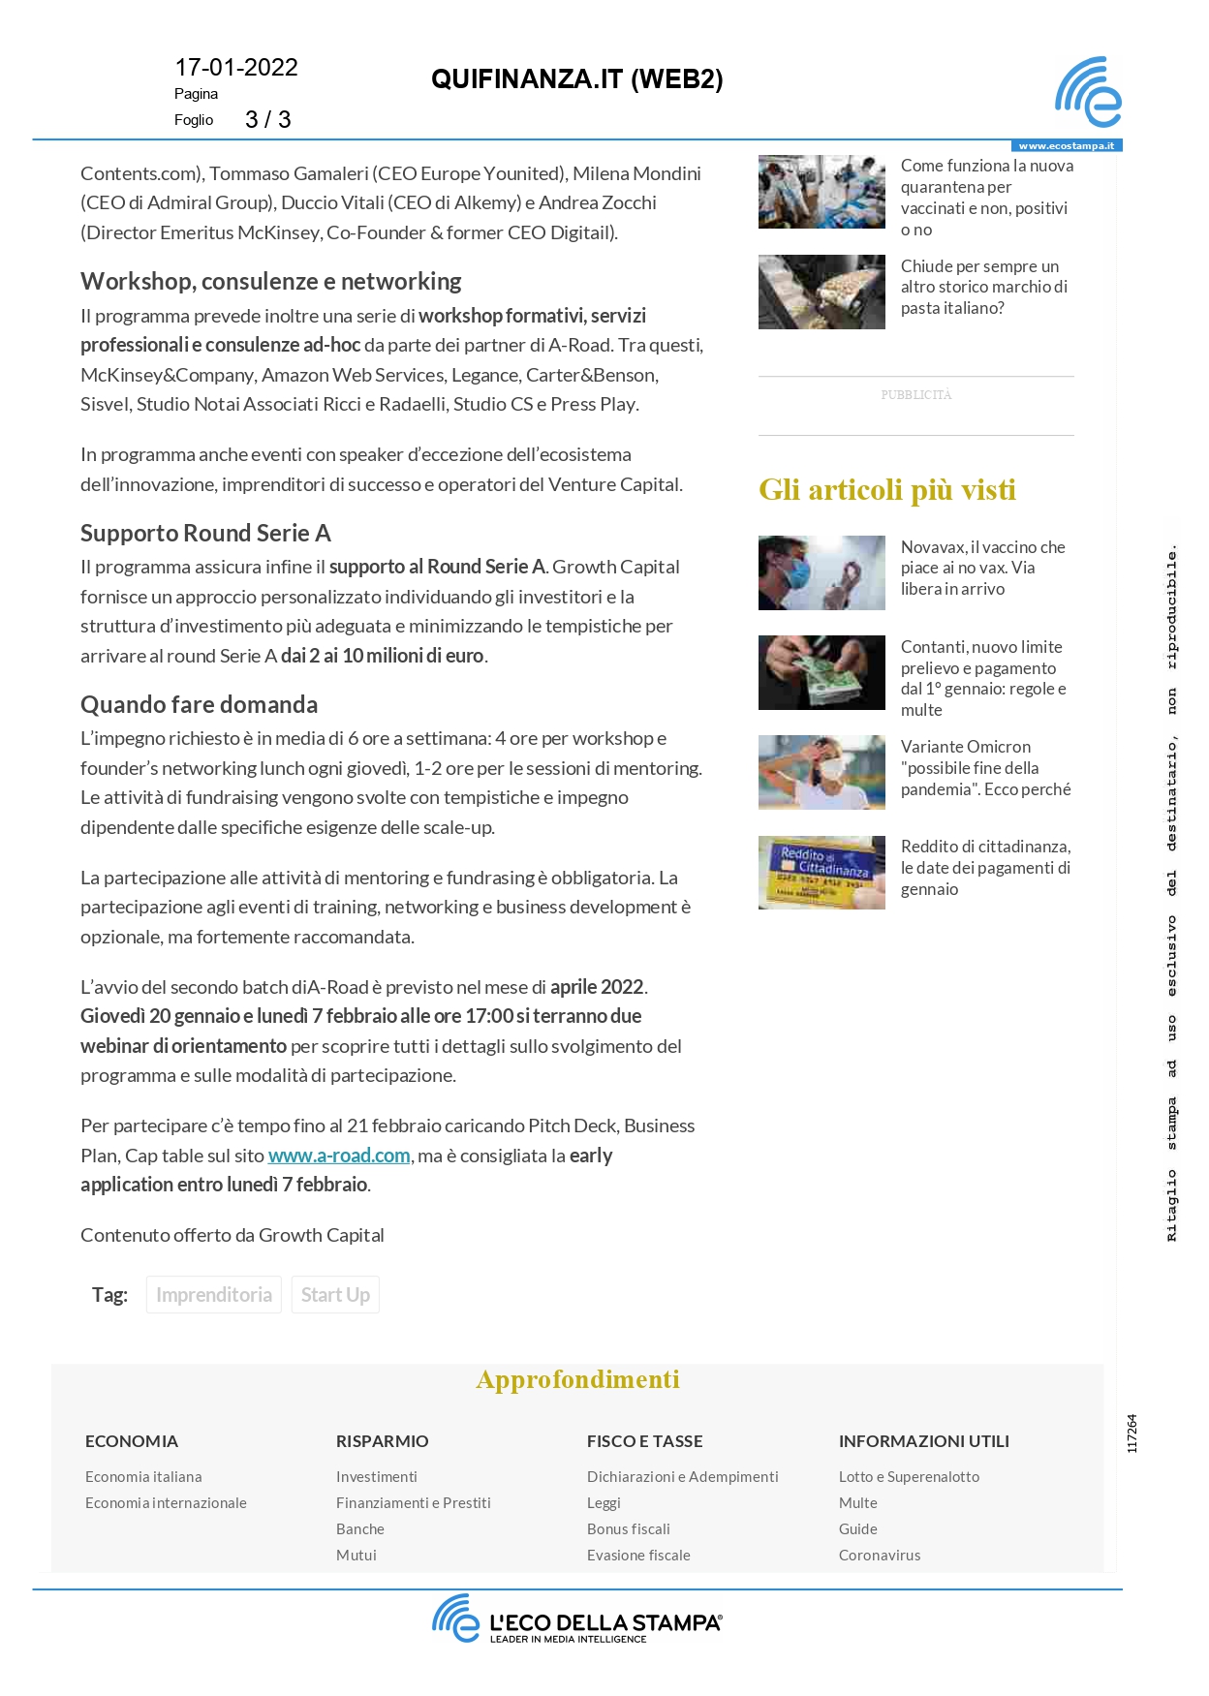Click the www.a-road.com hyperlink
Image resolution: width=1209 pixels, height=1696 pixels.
click(x=339, y=1156)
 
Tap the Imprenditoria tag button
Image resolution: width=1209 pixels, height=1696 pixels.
click(x=214, y=1295)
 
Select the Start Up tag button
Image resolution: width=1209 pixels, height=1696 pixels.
click(x=335, y=1295)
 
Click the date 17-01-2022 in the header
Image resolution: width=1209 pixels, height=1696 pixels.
click(x=236, y=68)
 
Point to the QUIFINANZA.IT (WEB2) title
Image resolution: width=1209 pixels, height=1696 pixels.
click(x=577, y=79)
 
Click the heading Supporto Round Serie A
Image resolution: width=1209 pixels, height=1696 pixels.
click(x=205, y=533)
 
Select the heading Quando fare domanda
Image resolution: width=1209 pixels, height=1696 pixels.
click(x=199, y=704)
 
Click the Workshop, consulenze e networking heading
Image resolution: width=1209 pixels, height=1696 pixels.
click(x=270, y=281)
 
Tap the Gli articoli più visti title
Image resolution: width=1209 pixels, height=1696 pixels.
click(x=886, y=490)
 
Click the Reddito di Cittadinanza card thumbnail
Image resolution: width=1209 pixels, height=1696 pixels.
click(x=821, y=873)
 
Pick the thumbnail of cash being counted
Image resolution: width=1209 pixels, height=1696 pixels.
click(x=821, y=672)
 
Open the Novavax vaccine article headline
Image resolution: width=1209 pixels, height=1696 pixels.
click(x=982, y=568)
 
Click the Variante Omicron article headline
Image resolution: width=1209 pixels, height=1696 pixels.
click(x=985, y=768)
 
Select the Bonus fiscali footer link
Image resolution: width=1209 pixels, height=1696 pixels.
click(x=628, y=1528)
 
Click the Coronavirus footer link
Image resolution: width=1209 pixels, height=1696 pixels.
click(x=879, y=1555)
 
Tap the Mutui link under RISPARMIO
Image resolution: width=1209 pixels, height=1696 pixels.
click(x=356, y=1555)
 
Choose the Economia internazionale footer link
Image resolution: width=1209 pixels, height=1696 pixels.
click(x=166, y=1502)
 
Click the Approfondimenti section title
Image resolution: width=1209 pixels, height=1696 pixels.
click(x=577, y=1379)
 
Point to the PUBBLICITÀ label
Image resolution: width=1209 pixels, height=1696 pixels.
click(x=915, y=395)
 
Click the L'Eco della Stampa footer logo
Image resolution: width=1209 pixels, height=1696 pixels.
click(x=577, y=1619)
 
